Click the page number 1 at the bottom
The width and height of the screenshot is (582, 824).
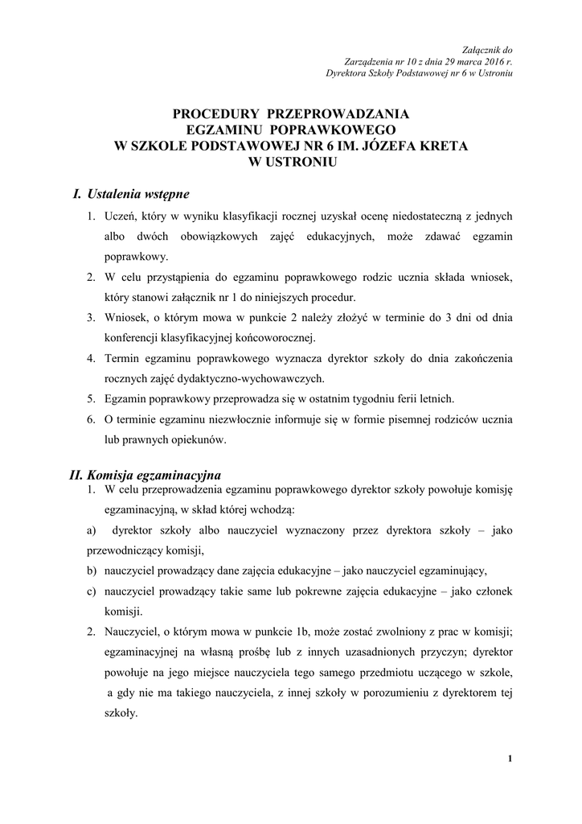click(511, 758)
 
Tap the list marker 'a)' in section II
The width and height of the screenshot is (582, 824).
click(91, 530)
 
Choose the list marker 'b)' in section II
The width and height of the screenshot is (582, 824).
click(92, 571)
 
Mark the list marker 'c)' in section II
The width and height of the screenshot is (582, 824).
click(91, 591)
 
